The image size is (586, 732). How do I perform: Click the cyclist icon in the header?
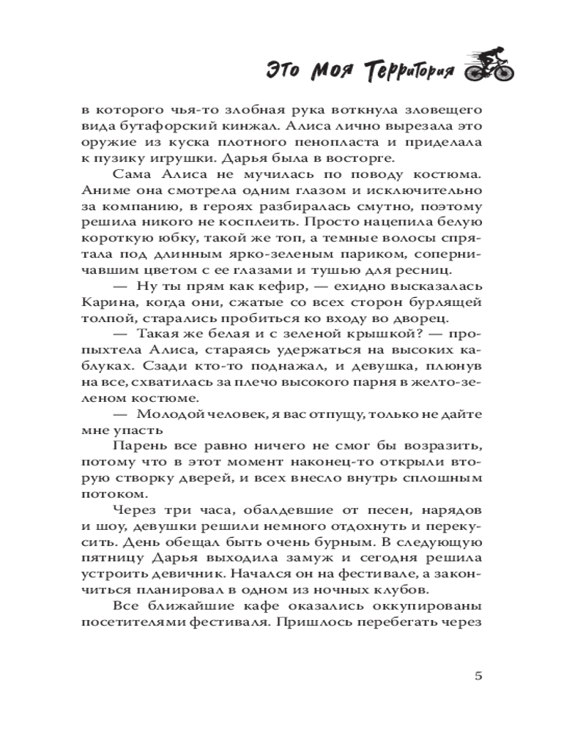[x=489, y=67]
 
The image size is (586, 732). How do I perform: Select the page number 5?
[x=478, y=676]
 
